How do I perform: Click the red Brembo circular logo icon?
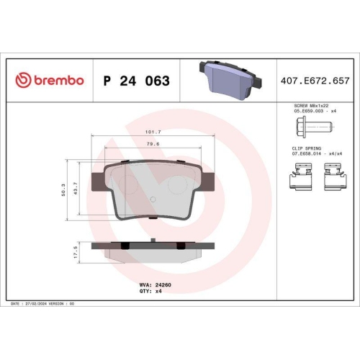[24, 80]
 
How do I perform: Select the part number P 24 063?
[137, 81]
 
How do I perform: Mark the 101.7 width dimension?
[152, 132]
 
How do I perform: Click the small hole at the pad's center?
[152, 199]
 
